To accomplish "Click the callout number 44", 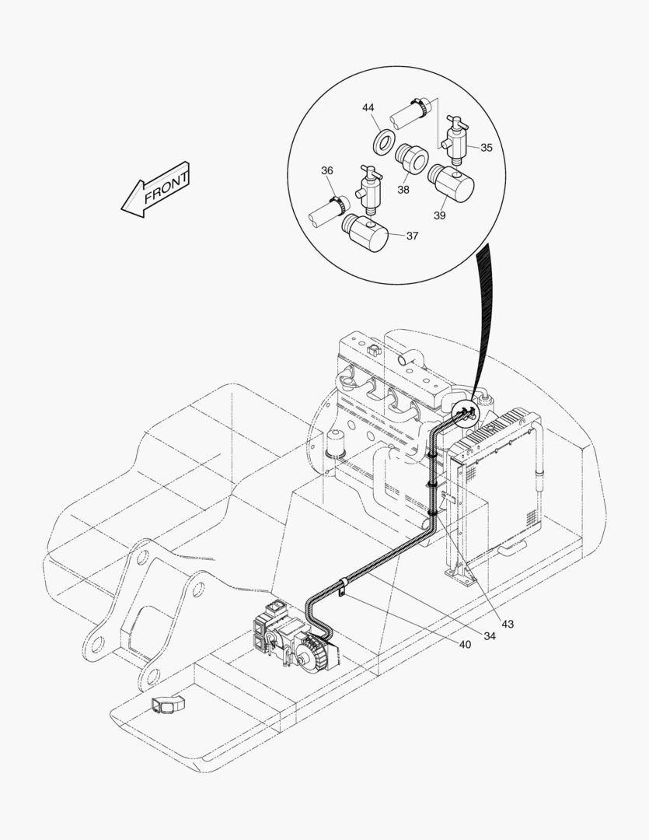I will (368, 108).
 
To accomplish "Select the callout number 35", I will (486, 148).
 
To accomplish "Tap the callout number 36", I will (327, 170).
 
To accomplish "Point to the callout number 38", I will (403, 188).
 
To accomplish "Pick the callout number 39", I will (439, 215).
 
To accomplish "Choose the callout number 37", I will (412, 236).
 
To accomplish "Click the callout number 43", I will (508, 624).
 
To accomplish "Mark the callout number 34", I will (489, 635).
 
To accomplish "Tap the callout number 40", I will (465, 645).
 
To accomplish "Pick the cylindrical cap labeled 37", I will (365, 233).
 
